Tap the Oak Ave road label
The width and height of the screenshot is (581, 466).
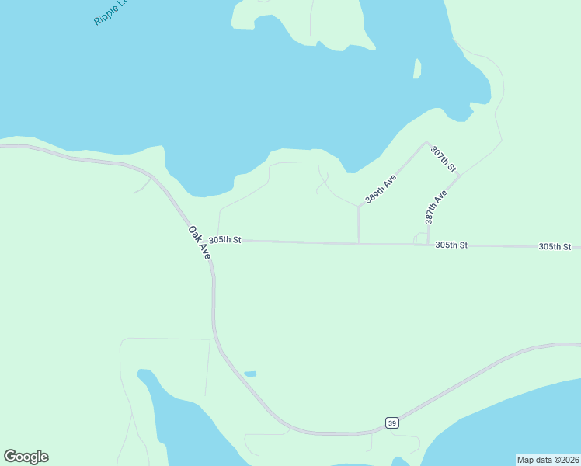200,242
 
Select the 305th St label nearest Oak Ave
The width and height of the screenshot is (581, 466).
225,241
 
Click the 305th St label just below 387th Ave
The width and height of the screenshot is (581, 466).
451,245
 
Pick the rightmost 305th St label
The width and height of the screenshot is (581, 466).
555,246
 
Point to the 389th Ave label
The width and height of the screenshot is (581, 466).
381,190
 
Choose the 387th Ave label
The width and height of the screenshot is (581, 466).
436,207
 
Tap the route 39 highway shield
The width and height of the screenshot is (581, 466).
392,422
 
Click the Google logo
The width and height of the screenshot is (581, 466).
26,457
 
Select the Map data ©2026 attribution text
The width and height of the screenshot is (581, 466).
547,460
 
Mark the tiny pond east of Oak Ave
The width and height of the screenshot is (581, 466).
250,374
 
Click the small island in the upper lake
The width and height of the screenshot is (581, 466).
417,68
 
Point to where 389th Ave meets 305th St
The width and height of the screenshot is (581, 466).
359,244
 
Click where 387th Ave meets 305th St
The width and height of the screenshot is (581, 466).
428,245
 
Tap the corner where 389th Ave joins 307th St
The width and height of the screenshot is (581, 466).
426,143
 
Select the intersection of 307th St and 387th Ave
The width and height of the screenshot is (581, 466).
459,176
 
